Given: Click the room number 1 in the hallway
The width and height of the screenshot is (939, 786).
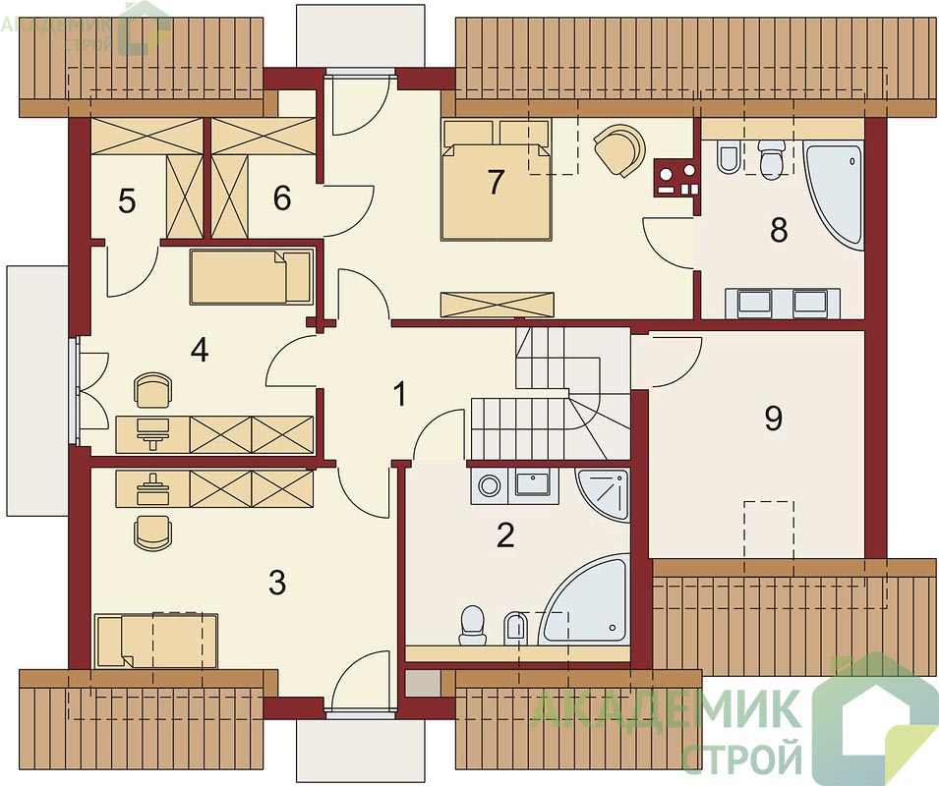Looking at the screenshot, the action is (x=399, y=394).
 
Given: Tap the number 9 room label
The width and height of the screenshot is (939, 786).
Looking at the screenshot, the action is (x=774, y=419).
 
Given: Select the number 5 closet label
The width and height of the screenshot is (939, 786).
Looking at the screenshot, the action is (x=127, y=201).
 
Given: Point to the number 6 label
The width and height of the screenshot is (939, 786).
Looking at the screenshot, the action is (x=282, y=198).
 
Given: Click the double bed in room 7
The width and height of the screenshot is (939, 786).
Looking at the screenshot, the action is (x=496, y=181).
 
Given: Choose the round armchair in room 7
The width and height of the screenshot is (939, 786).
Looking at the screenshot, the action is (x=621, y=149).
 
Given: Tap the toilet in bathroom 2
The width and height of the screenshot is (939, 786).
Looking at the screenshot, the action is (x=472, y=626).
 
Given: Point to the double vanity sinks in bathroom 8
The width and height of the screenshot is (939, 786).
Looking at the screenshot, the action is (x=783, y=303).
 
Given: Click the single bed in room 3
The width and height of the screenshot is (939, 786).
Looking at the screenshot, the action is (x=155, y=640).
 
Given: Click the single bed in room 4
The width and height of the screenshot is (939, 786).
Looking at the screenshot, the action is (x=252, y=276).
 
